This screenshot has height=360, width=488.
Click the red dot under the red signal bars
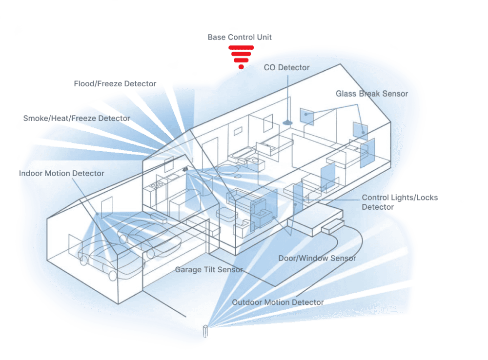click(x=241, y=66)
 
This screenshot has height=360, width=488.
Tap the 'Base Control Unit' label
click(x=239, y=37)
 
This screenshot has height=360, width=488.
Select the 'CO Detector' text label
click(x=286, y=68)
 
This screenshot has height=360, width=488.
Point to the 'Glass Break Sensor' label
click(x=371, y=93)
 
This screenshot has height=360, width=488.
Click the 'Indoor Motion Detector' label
click(x=61, y=173)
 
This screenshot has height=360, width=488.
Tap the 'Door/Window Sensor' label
click(x=317, y=258)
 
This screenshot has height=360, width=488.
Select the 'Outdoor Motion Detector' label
click(x=277, y=302)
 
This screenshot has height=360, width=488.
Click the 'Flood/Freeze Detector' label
click(x=115, y=84)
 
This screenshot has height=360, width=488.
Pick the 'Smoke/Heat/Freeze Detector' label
click(x=77, y=119)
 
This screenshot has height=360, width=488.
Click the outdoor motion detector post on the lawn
click(x=205, y=330)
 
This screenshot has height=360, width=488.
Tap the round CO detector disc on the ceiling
click(x=288, y=121)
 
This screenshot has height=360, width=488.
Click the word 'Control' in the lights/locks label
click(x=375, y=198)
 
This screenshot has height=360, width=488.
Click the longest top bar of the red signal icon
click(x=241, y=47)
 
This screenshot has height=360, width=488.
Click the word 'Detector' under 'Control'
click(x=377, y=207)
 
